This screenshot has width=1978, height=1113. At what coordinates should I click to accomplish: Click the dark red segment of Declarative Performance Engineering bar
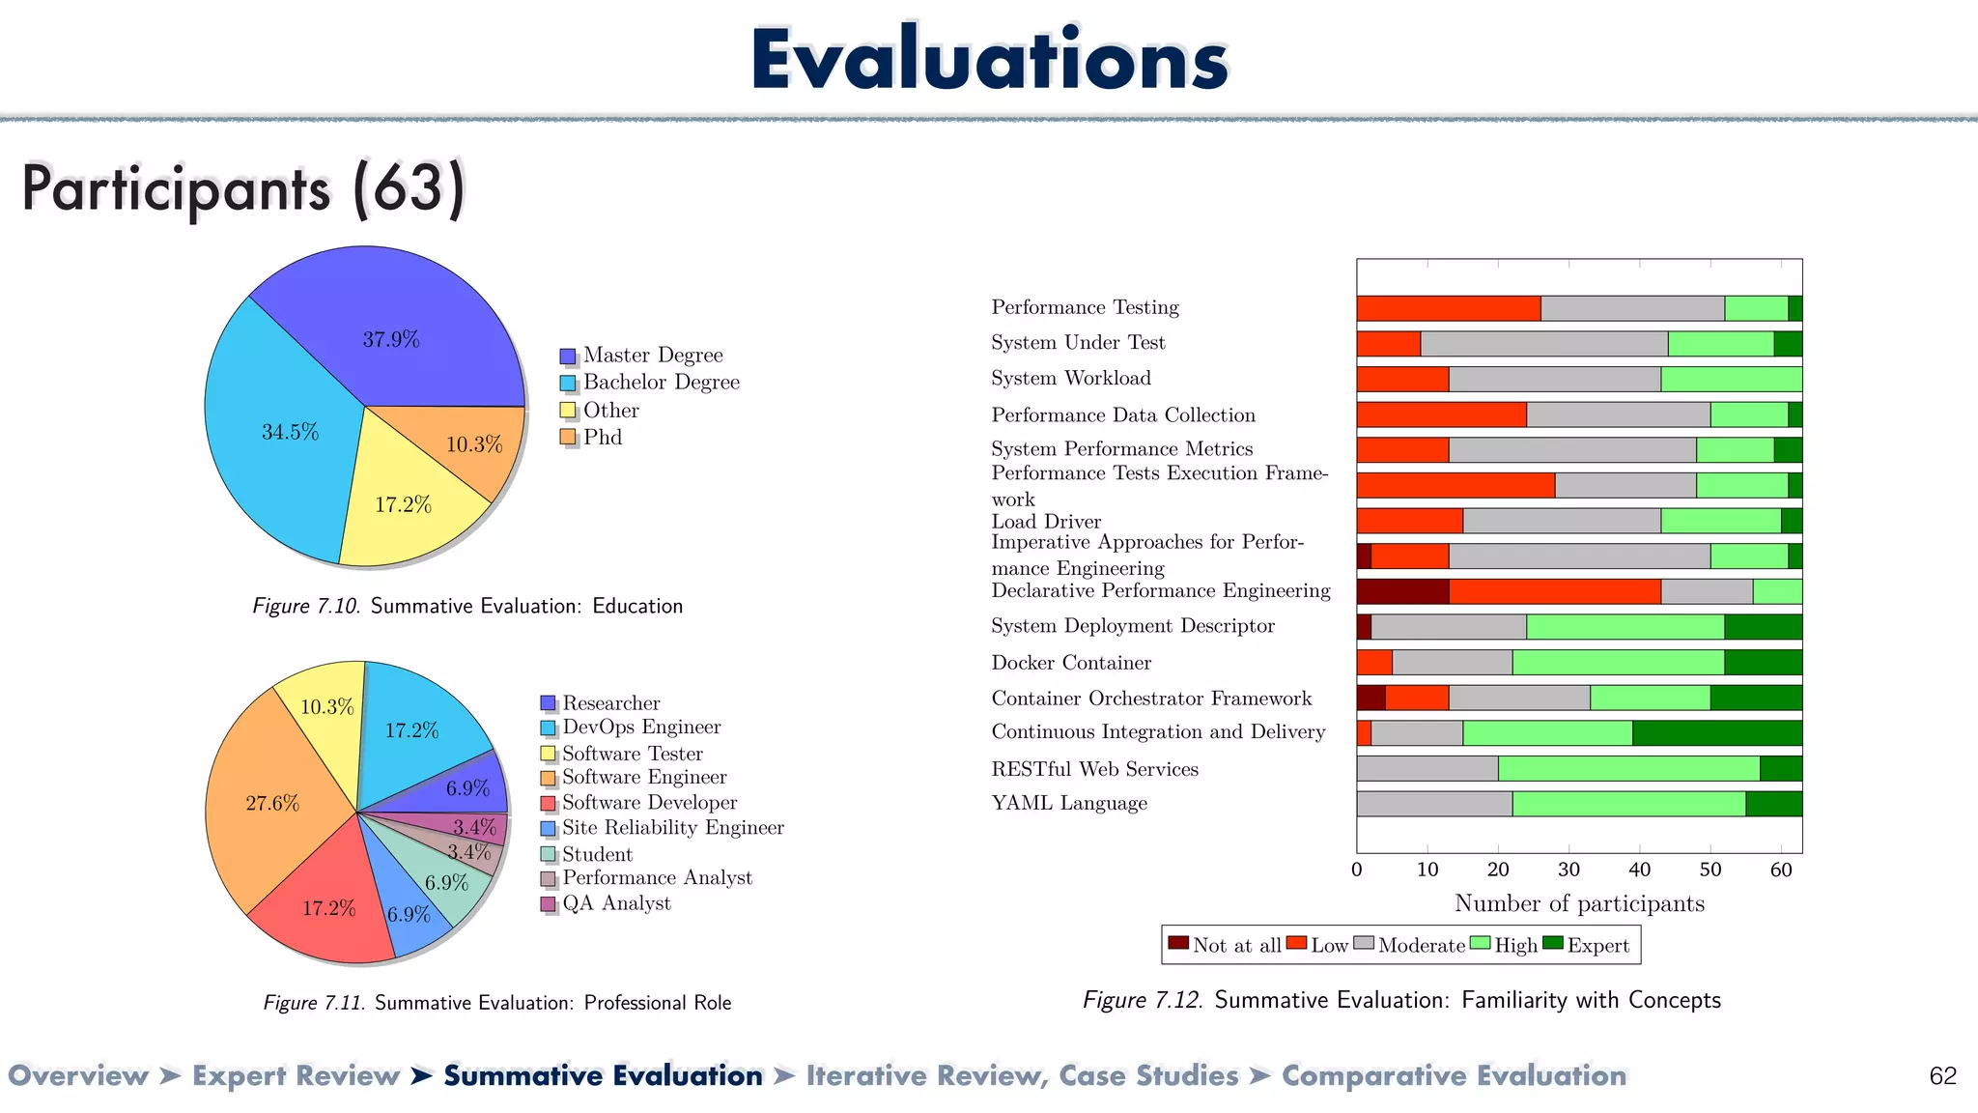coord(1401,591)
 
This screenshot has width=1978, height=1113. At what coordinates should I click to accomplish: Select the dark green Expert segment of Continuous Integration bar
coord(1716,733)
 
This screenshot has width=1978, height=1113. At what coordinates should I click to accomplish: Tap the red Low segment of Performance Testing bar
coord(1448,308)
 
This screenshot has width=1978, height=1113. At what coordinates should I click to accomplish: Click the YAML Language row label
coord(1069,804)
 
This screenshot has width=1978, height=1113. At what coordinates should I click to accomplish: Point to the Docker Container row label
coord(1071,663)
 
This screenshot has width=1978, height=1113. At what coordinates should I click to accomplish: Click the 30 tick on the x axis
coord(1568,870)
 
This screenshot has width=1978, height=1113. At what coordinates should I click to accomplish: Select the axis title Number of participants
coord(1579,903)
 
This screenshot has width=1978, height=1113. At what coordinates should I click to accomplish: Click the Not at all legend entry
coord(1225,945)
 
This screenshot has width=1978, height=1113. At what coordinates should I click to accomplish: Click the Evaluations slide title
coord(989,60)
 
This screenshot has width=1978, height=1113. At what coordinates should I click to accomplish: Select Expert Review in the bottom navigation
coord(296,1075)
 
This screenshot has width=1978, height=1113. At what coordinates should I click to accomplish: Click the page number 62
coord(1942,1076)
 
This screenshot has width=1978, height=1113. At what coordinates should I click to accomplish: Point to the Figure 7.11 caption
coord(496,1003)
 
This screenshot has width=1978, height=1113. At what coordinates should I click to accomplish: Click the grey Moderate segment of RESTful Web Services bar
coord(1427,769)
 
